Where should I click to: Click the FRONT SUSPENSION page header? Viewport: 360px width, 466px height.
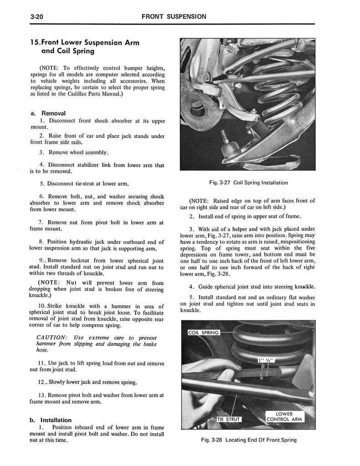click(174, 16)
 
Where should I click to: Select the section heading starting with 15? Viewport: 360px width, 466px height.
click(84, 47)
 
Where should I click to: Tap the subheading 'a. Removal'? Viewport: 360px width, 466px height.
click(49, 113)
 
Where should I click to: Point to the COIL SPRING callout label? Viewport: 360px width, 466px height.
click(203, 333)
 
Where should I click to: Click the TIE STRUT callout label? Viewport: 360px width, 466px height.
click(228, 419)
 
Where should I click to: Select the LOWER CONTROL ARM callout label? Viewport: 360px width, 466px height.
click(284, 416)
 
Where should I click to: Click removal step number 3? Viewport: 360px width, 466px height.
click(42, 152)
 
